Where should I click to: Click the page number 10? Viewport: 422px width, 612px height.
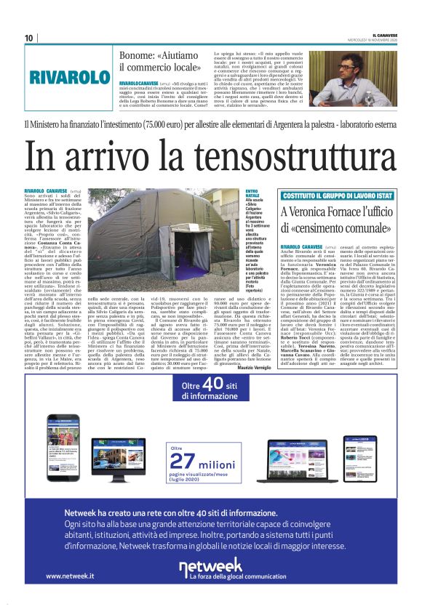point(29,38)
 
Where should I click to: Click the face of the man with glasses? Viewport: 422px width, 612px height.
point(364,68)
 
